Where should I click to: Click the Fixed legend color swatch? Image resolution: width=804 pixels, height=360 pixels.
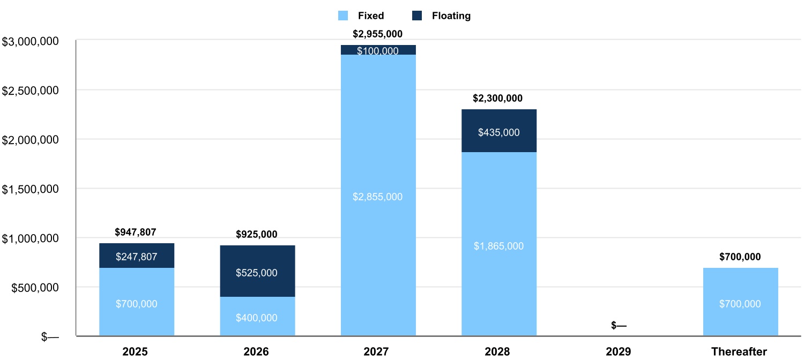[344, 16]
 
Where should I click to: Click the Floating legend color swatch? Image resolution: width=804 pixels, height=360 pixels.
[418, 16]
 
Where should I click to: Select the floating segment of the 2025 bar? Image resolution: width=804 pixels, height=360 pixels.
[137, 256]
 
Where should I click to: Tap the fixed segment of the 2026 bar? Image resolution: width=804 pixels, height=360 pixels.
[257, 316]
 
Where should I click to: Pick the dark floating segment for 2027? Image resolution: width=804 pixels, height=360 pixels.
[378, 50]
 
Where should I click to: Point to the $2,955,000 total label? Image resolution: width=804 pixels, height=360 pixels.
[377, 34]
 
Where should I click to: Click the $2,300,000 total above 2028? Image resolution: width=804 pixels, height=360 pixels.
[497, 99]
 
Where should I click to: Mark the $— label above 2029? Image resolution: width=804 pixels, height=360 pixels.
[619, 326]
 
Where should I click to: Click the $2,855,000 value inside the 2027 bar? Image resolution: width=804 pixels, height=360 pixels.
[377, 197]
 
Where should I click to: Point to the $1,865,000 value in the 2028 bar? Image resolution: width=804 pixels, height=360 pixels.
[498, 246]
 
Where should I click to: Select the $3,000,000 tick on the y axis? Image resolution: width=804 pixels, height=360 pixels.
[31, 41]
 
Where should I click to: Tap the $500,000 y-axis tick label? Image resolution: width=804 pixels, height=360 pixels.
[34, 287]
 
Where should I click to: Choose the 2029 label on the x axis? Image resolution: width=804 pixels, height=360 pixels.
[619, 352]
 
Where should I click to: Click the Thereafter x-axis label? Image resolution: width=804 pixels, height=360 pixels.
[740, 352]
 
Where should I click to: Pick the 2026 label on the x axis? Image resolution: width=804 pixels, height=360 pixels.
[256, 352]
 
